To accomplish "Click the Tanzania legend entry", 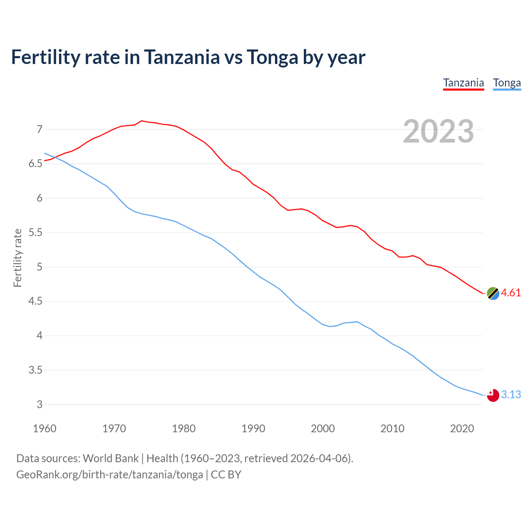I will [463, 83].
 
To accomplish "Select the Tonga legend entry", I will [507, 83].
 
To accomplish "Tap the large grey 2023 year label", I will [438, 131].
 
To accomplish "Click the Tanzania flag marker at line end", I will [493, 293].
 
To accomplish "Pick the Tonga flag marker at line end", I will [493, 395].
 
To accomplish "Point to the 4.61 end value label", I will [511, 293].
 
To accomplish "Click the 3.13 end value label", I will [511, 394].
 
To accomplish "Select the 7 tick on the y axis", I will [39, 129].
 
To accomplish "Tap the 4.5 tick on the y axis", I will [36, 301].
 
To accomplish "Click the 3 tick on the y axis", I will [39, 404].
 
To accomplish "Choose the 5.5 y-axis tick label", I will [36, 232].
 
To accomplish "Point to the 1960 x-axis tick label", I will [44, 429].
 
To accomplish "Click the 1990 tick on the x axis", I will [253, 429].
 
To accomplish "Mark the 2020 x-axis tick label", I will [462, 429].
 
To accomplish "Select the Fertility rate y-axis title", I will [17, 258].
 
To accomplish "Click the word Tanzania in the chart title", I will [182, 57].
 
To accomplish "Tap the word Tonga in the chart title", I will [272, 57].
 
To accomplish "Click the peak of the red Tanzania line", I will [142, 121].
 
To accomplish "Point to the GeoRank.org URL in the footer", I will [109, 474].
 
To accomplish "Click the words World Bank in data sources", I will [111, 458].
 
